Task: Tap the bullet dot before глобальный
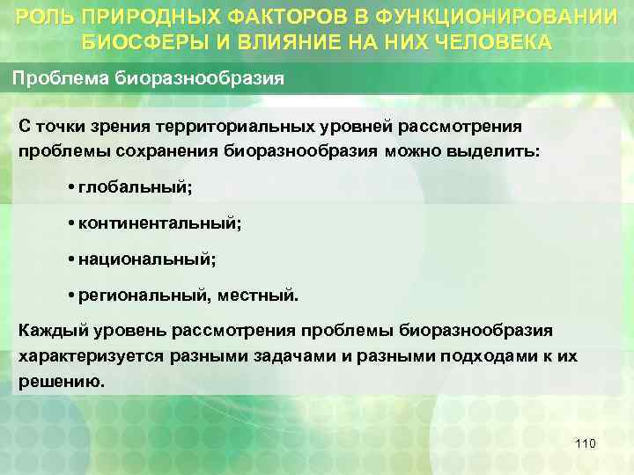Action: click(70, 188)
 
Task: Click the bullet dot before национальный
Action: click(70, 259)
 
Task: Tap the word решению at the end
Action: click(60, 383)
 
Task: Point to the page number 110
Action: click(585, 443)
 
